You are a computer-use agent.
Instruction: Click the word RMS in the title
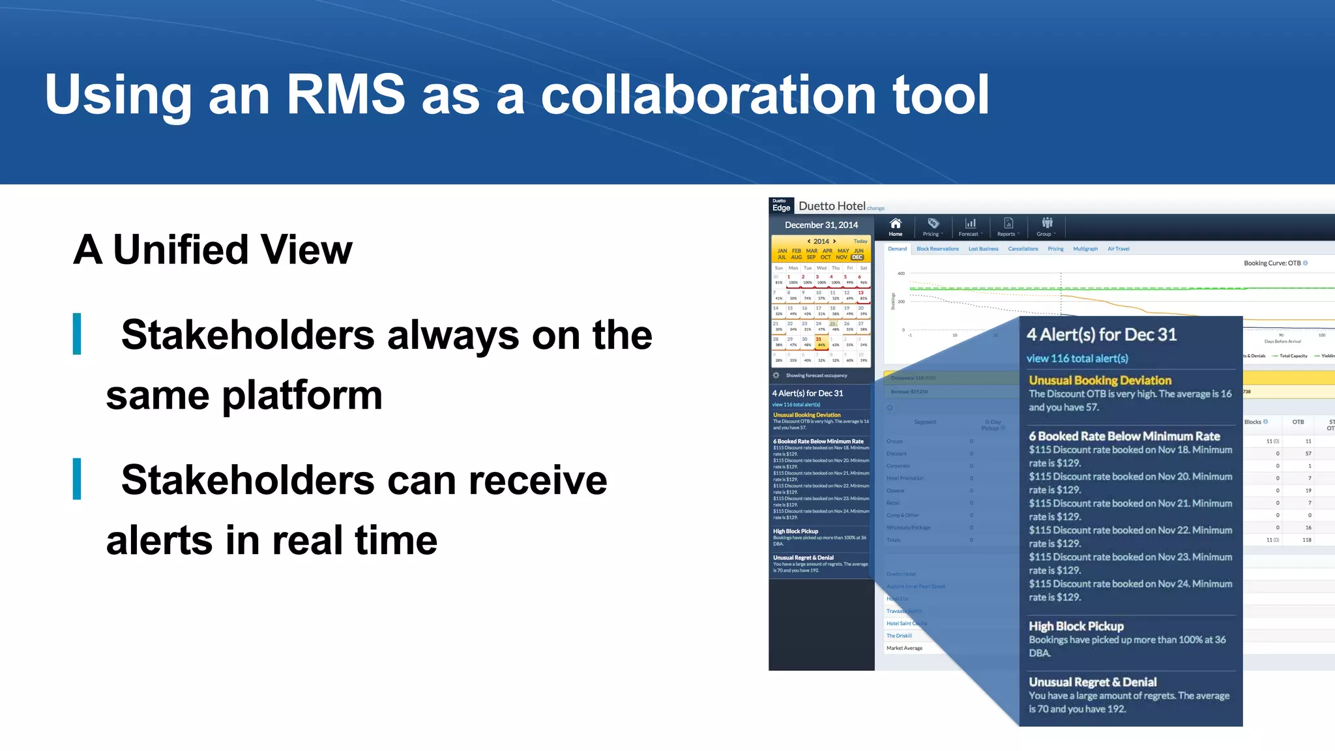pyautogui.click(x=346, y=95)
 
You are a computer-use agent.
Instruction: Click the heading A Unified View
pyautogui.click(x=213, y=250)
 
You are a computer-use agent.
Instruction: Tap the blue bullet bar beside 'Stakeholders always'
pyautogui.click(x=77, y=334)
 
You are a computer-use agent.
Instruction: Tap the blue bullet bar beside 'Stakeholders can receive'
pyautogui.click(x=77, y=479)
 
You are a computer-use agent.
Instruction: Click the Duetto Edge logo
pyautogui.click(x=781, y=205)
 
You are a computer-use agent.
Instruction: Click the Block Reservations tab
pyautogui.click(x=937, y=249)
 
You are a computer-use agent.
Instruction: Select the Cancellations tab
pyautogui.click(x=1023, y=249)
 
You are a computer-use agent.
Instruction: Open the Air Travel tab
pyautogui.click(x=1118, y=249)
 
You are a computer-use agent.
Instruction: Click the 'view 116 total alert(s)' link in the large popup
pyautogui.click(x=1077, y=359)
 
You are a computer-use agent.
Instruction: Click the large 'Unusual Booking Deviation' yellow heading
pyautogui.click(x=1100, y=380)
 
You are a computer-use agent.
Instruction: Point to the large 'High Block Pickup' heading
pyautogui.click(x=1076, y=626)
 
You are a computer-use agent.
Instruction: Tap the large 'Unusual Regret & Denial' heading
pyautogui.click(x=1093, y=682)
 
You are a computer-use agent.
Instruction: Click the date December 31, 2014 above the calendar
pyautogui.click(x=821, y=225)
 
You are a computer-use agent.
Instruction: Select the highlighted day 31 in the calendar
pyautogui.click(x=819, y=339)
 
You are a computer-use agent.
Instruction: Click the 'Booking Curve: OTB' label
pyautogui.click(x=1272, y=263)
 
